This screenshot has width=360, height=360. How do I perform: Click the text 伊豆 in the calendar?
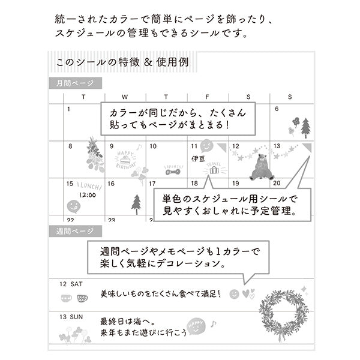point(198,160)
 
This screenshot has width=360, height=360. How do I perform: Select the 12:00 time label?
point(87,195)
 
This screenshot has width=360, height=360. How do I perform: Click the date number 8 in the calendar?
point(70,146)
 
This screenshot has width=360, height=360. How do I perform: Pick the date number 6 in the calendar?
point(277,109)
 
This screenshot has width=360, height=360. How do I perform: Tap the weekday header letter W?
point(125,97)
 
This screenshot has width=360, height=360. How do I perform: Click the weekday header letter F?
point(207,97)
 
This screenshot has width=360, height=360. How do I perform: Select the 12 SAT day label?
point(71,284)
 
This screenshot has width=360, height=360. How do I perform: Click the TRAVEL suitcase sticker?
point(214,167)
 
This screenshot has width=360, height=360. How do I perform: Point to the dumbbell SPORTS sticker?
point(173,170)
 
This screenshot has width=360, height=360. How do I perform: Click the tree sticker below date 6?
point(305,127)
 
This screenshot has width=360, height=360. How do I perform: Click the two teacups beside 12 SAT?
point(74,298)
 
